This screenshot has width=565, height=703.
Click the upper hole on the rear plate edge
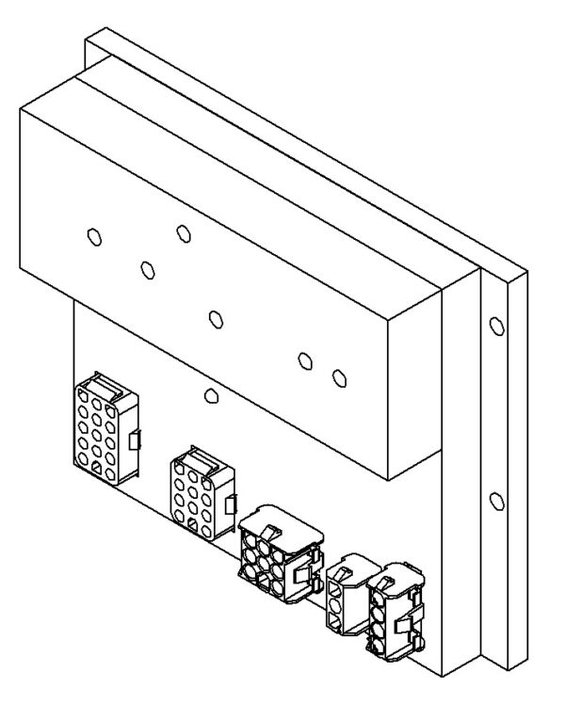tap(497, 327)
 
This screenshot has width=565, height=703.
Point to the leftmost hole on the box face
tap(94, 236)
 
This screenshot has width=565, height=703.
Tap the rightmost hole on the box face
tap(339, 378)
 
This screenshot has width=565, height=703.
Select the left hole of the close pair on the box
tap(304, 360)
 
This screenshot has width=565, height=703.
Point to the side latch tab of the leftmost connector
tap(134, 439)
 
